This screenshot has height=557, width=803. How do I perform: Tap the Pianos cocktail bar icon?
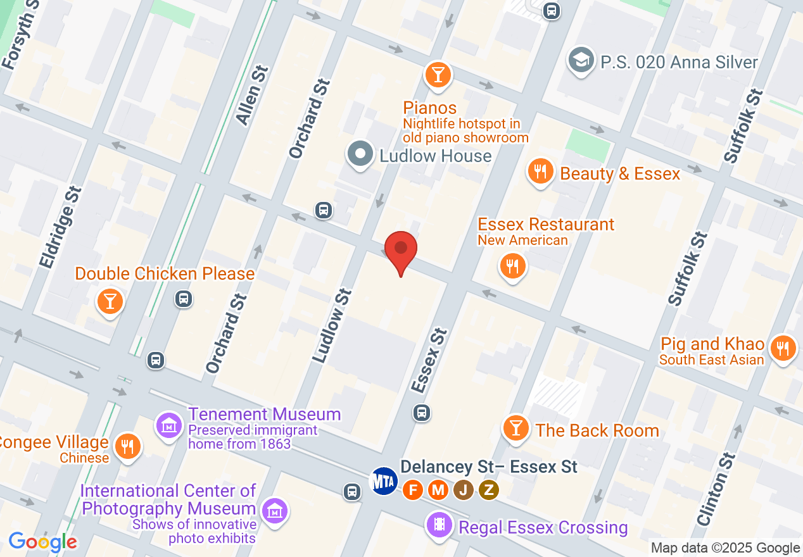(x=438, y=74)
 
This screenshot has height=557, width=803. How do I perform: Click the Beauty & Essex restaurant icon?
(x=540, y=172)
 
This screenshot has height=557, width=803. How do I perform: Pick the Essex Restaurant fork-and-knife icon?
(x=513, y=266)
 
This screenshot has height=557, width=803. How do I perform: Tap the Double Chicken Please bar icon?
(x=110, y=301)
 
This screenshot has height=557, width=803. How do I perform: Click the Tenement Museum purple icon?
(x=169, y=425)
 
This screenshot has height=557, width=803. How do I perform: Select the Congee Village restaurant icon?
(x=128, y=446)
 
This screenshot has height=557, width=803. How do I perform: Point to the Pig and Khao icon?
(x=783, y=347)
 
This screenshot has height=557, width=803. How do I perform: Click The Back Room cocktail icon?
(x=516, y=429)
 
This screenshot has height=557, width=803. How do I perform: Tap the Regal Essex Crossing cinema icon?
(x=439, y=524)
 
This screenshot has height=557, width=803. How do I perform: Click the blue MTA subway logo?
(x=384, y=482)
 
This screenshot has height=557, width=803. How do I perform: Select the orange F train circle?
(x=414, y=489)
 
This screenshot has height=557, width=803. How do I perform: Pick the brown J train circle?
(x=463, y=489)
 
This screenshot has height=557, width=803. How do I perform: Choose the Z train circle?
(x=488, y=489)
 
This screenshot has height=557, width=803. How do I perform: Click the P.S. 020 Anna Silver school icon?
(x=580, y=61)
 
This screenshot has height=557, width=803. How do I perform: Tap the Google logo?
(x=43, y=542)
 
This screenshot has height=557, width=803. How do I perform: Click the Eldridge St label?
(x=60, y=227)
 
